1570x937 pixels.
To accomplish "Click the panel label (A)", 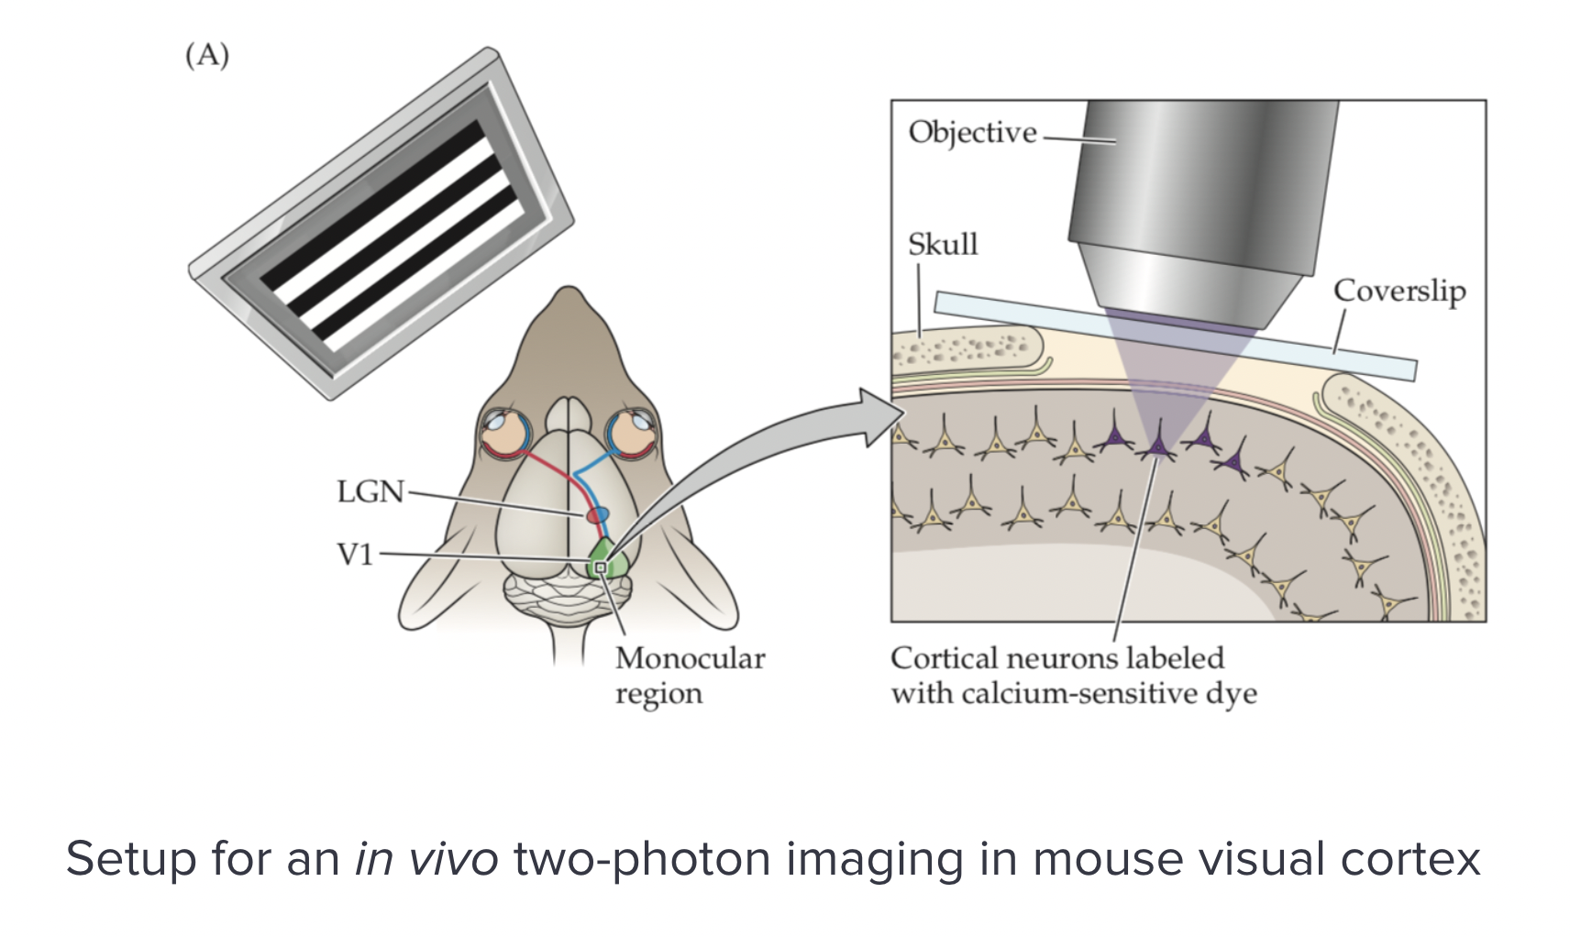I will click(x=207, y=56).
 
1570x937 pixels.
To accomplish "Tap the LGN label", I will click(x=370, y=492).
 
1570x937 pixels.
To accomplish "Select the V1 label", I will click(x=354, y=555).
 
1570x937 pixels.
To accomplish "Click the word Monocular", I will click(x=690, y=658).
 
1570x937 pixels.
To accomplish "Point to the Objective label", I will click(x=972, y=133).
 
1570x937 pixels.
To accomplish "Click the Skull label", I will click(x=943, y=245).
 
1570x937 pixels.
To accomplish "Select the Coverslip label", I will click(x=1399, y=292).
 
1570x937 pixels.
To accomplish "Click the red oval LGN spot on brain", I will click(x=598, y=515).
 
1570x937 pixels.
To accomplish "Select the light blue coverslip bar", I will click(x=1174, y=335).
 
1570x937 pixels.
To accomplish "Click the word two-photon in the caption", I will click(x=643, y=859).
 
